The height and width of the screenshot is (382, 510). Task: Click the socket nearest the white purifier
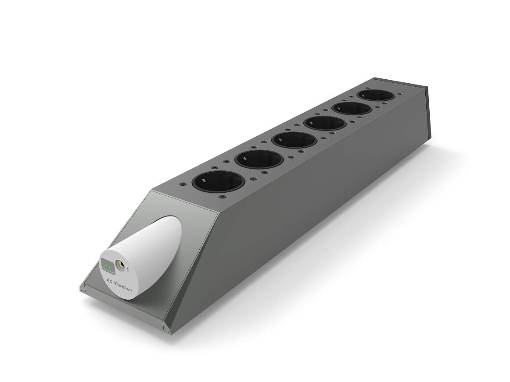coord(218,181)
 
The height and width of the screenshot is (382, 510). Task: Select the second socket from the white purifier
coord(259,159)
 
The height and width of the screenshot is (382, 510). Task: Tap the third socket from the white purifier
coord(294,140)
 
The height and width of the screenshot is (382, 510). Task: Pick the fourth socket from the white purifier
coord(325,123)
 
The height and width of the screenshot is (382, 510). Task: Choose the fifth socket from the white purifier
coord(352,108)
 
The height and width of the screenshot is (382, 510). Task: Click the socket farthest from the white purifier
coord(376,95)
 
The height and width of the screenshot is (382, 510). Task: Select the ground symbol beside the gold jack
coord(128,270)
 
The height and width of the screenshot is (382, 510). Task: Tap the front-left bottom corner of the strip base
coord(82,290)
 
